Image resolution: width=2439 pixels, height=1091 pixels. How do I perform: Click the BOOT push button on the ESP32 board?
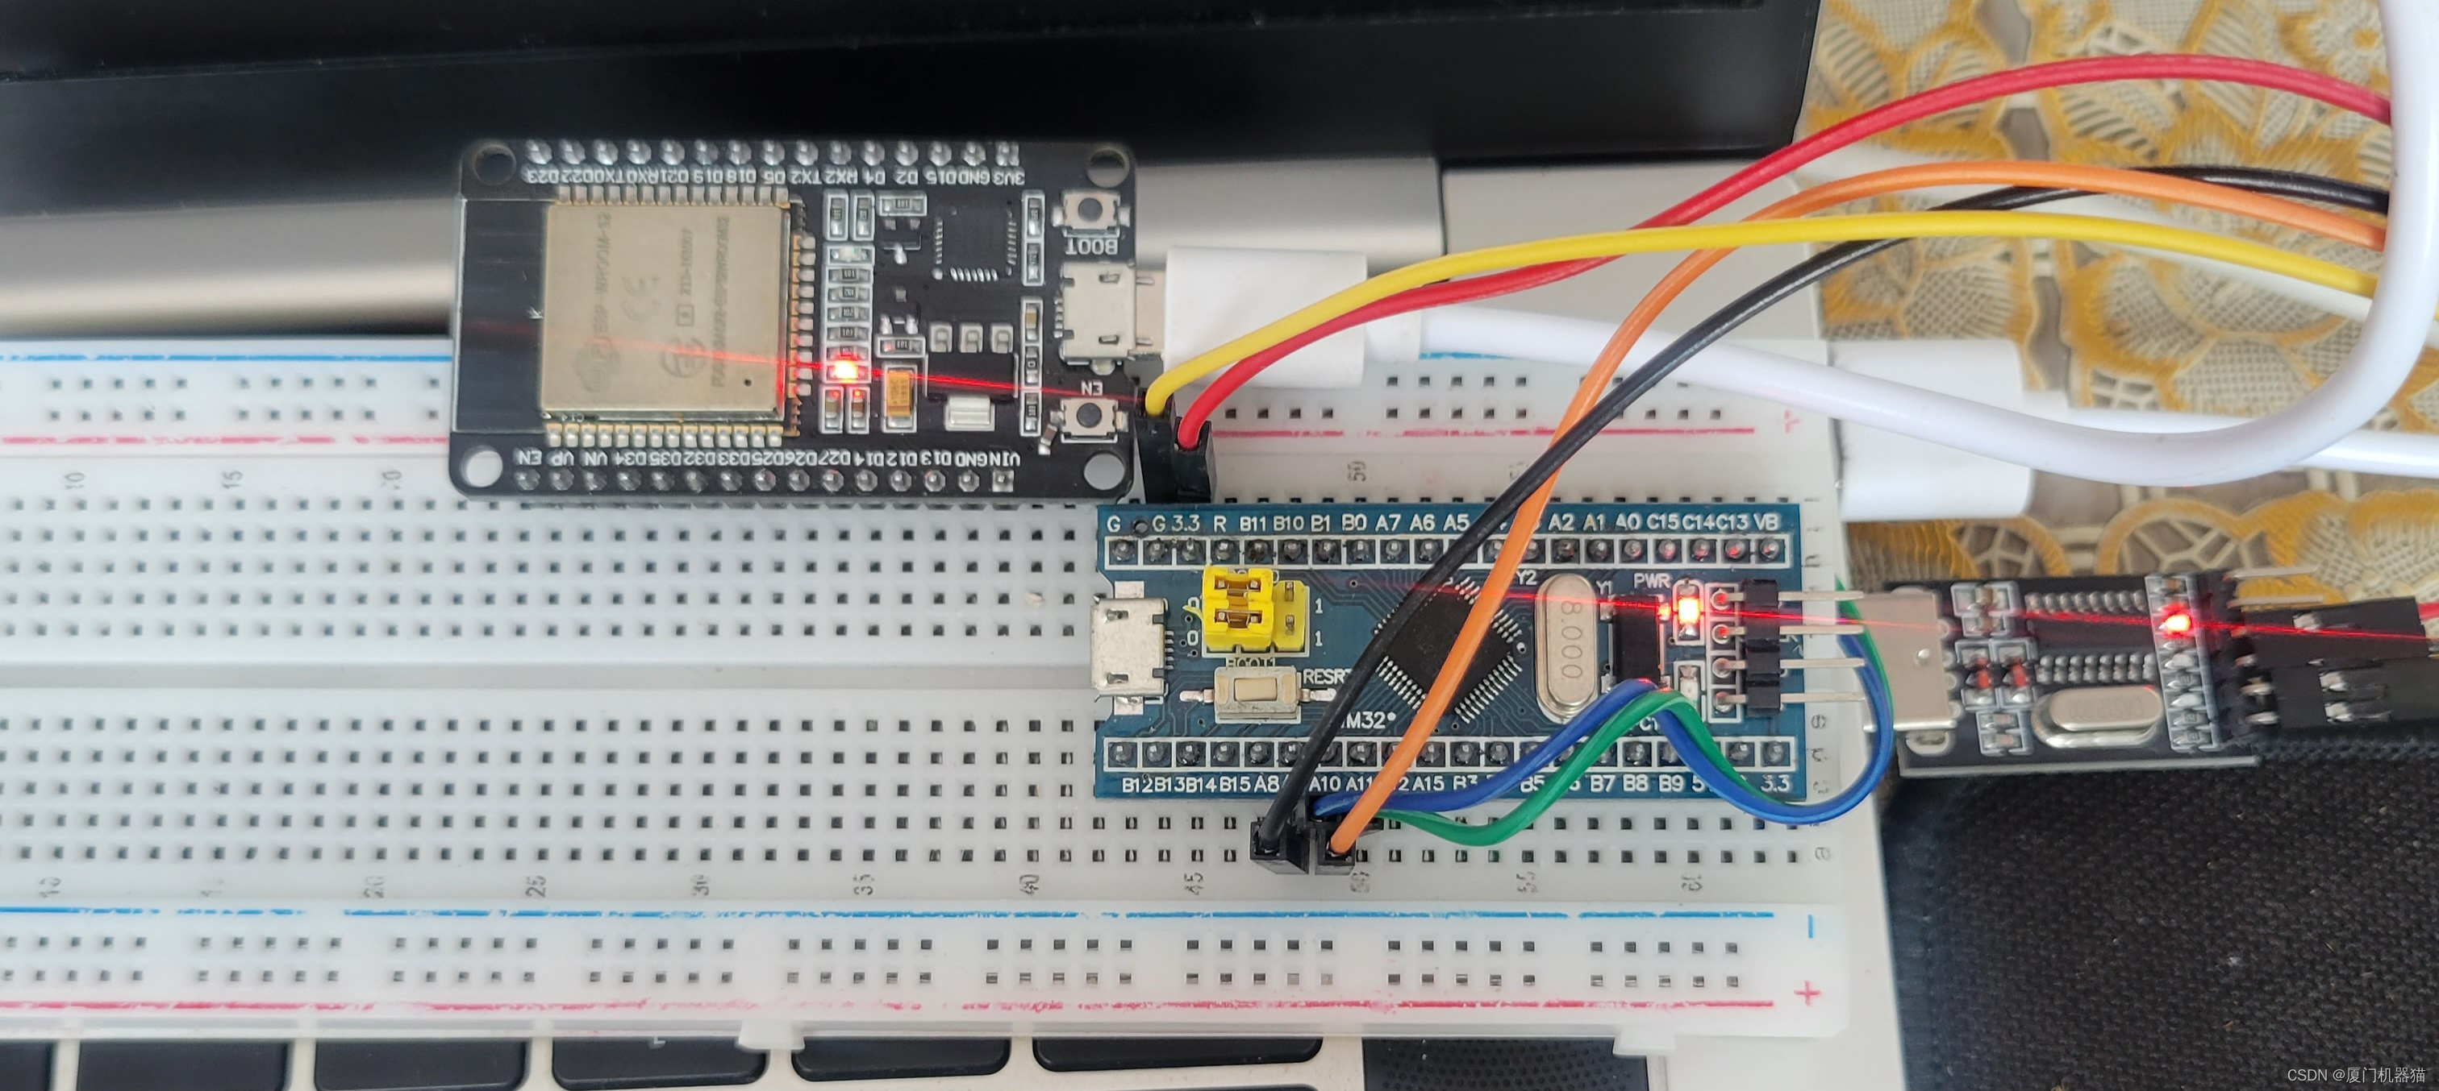click(x=1090, y=209)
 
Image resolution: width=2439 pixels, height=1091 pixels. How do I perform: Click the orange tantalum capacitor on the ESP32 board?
click(x=898, y=388)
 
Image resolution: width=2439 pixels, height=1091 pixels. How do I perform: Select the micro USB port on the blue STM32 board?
click(x=1128, y=650)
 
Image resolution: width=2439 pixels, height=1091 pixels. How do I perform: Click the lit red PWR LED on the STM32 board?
click(x=1686, y=608)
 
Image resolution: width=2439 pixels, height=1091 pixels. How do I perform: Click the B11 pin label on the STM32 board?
click(x=1253, y=522)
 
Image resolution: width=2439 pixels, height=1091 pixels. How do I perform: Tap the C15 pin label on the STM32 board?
click(x=1662, y=521)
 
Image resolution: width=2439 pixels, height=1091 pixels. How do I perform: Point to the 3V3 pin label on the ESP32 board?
click(x=1008, y=178)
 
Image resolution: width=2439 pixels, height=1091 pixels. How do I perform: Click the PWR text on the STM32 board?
click(x=1651, y=579)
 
